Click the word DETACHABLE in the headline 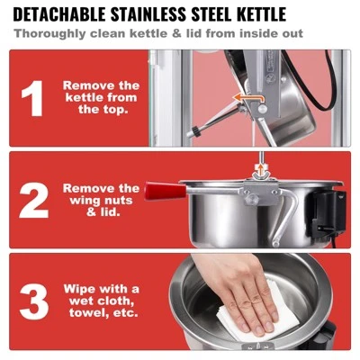pos(59,13)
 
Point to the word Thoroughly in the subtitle pos(49,33)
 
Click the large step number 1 pos(32,98)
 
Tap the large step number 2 pos(33,200)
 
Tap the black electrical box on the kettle pos(328,213)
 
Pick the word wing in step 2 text pos(83,201)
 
